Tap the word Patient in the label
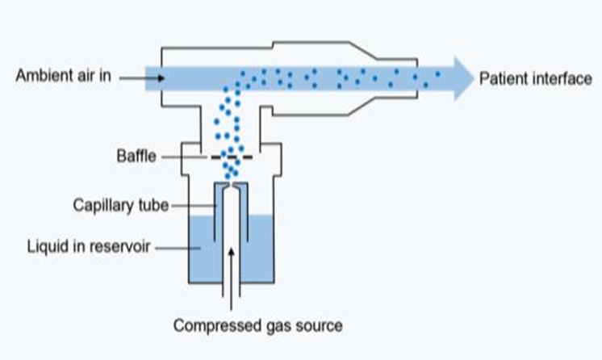502,79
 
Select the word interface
561,79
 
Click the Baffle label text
136,157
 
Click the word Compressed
212,326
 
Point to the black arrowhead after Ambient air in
161,78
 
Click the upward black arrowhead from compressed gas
231,253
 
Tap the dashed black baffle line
232,157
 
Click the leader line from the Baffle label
184,157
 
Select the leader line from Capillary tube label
194,206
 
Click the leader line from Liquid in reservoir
178,248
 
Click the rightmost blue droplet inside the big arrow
437,73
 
